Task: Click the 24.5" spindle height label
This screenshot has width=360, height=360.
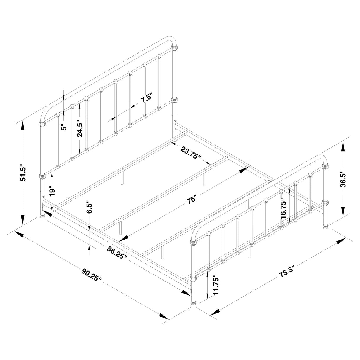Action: pyautogui.click(x=79, y=128)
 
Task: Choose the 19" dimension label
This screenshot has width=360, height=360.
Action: pyautogui.click(x=52, y=191)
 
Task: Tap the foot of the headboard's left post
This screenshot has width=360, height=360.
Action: pyautogui.click(x=42, y=214)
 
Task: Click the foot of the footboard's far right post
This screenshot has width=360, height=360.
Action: pyautogui.click(x=326, y=227)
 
